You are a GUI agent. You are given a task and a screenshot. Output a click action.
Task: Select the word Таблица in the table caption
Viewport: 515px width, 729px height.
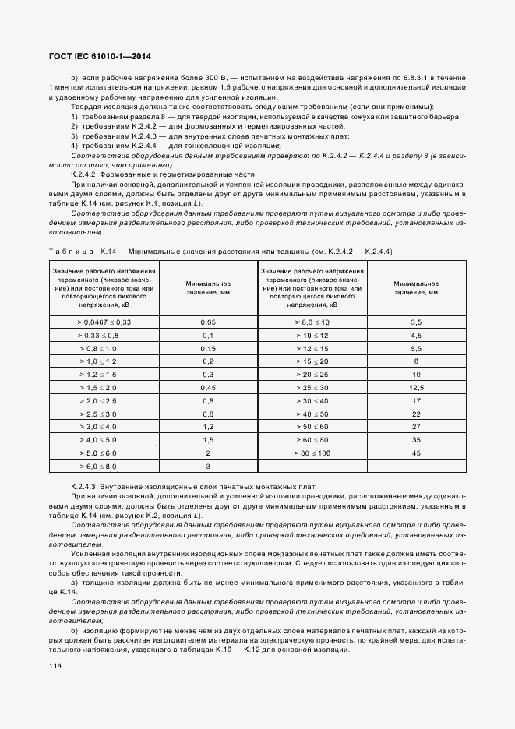click(x=70, y=252)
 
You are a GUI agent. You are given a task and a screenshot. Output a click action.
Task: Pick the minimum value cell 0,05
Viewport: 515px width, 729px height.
click(x=208, y=322)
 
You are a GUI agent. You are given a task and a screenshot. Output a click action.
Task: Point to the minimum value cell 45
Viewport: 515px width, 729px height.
click(x=415, y=453)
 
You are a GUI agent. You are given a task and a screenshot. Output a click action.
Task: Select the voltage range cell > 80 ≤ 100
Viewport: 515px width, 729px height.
click(x=312, y=453)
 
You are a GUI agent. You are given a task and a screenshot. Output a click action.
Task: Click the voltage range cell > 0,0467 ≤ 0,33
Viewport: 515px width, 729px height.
click(x=104, y=322)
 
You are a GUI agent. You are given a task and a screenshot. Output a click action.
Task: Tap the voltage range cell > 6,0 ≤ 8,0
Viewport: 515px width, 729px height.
click(x=104, y=466)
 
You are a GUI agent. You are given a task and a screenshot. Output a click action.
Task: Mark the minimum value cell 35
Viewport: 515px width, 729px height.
click(x=415, y=439)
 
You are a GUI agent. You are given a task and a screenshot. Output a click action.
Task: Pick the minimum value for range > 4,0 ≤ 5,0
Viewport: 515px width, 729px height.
click(x=208, y=439)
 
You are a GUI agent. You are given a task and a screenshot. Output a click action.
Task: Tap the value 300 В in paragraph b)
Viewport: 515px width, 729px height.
click(x=217, y=79)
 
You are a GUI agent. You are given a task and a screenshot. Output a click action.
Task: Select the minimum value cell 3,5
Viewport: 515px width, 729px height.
click(x=415, y=322)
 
